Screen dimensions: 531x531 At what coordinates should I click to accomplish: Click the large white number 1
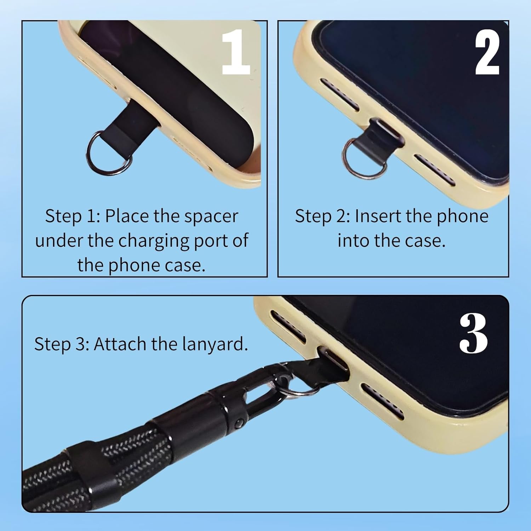click(235, 52)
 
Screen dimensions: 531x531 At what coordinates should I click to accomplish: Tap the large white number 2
click(487, 52)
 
